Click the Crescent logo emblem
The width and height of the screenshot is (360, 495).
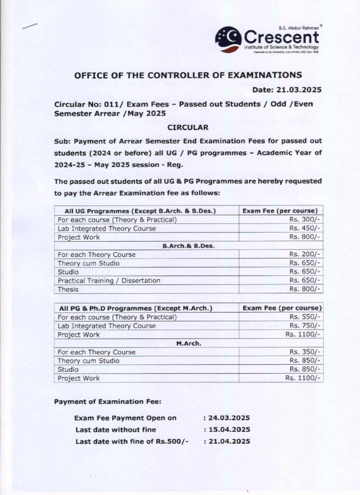click(x=228, y=39)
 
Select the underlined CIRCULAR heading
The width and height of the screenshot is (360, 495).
click(x=187, y=128)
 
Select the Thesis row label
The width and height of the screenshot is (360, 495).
click(x=68, y=290)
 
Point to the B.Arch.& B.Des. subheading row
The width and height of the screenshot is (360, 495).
click(x=188, y=246)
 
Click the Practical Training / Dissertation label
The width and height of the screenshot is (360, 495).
click(x=109, y=281)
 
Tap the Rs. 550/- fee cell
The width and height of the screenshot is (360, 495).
click(x=305, y=317)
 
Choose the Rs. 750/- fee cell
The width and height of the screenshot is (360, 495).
click(x=305, y=326)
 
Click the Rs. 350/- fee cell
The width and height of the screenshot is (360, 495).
click(x=305, y=352)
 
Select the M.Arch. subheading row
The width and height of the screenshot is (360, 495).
click(x=188, y=343)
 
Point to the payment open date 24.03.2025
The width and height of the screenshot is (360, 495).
click(x=229, y=418)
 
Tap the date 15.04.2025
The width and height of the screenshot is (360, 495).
click(x=229, y=430)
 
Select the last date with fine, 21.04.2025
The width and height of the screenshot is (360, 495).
click(x=229, y=441)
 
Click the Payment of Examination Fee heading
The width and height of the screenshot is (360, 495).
click(x=108, y=402)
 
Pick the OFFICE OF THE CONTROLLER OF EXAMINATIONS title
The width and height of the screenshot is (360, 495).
click(x=187, y=75)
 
